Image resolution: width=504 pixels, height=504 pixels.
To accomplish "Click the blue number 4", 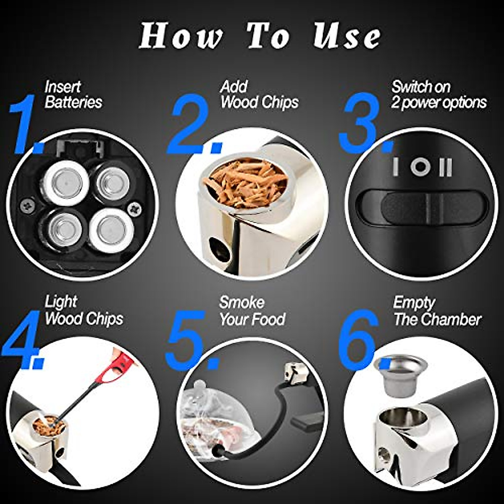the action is [22, 340].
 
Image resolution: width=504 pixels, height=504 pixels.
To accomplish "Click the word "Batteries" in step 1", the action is [73, 102].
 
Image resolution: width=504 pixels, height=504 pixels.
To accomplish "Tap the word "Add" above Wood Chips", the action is [234, 87].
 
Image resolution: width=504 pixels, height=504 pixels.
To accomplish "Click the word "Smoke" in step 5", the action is [241, 302].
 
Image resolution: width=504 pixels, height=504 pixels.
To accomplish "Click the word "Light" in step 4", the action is [60, 302].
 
